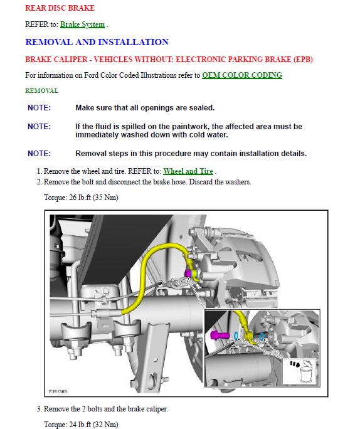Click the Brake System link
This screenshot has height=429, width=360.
pos(82,24)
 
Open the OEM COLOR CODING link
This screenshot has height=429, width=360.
pos(242,75)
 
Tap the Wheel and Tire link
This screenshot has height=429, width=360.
pos(188,171)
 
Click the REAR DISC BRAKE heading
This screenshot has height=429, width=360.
pos(60,8)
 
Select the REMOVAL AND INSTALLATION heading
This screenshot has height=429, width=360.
pos(97,42)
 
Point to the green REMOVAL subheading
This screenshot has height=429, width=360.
pos(42,90)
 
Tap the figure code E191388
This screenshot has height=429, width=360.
pos(58,391)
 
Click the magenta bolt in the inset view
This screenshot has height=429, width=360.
pos(220,335)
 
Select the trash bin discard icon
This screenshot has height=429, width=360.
pos(305,371)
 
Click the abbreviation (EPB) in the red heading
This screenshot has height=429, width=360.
pos(303,60)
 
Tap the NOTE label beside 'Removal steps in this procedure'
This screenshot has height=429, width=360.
pos(40,154)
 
